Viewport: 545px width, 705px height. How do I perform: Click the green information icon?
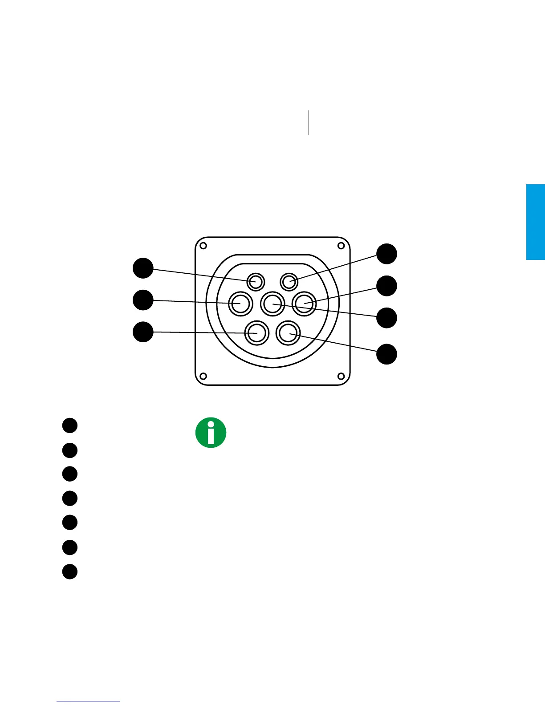click(x=211, y=433)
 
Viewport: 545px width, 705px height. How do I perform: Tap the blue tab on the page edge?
click(x=536, y=222)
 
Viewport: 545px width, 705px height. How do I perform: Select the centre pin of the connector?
click(x=272, y=304)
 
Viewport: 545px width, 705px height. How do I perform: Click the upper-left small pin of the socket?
click(x=256, y=281)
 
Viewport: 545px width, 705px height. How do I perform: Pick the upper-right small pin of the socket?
click(x=289, y=281)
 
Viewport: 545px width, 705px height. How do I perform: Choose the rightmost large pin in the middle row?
click(x=305, y=304)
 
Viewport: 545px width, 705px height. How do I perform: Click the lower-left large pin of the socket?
click(x=256, y=332)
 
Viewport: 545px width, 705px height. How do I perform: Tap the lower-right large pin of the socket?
click(x=288, y=332)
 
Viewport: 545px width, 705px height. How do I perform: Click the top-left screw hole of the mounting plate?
click(x=203, y=246)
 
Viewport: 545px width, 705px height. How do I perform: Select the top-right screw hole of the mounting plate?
click(x=342, y=246)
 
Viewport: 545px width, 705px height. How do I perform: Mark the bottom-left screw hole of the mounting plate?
click(x=203, y=376)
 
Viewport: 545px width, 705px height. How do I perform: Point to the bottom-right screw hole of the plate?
click(x=342, y=376)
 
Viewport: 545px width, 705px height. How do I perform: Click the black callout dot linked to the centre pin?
click(x=386, y=318)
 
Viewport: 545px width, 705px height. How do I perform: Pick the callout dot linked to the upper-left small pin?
click(x=143, y=268)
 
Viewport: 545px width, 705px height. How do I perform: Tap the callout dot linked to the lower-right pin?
click(x=386, y=354)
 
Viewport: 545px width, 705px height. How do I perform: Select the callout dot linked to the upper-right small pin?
click(x=386, y=254)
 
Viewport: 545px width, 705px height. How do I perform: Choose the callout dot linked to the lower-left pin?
click(x=143, y=332)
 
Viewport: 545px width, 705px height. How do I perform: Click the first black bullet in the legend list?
click(x=70, y=425)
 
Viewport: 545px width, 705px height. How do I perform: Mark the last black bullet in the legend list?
click(x=70, y=571)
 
